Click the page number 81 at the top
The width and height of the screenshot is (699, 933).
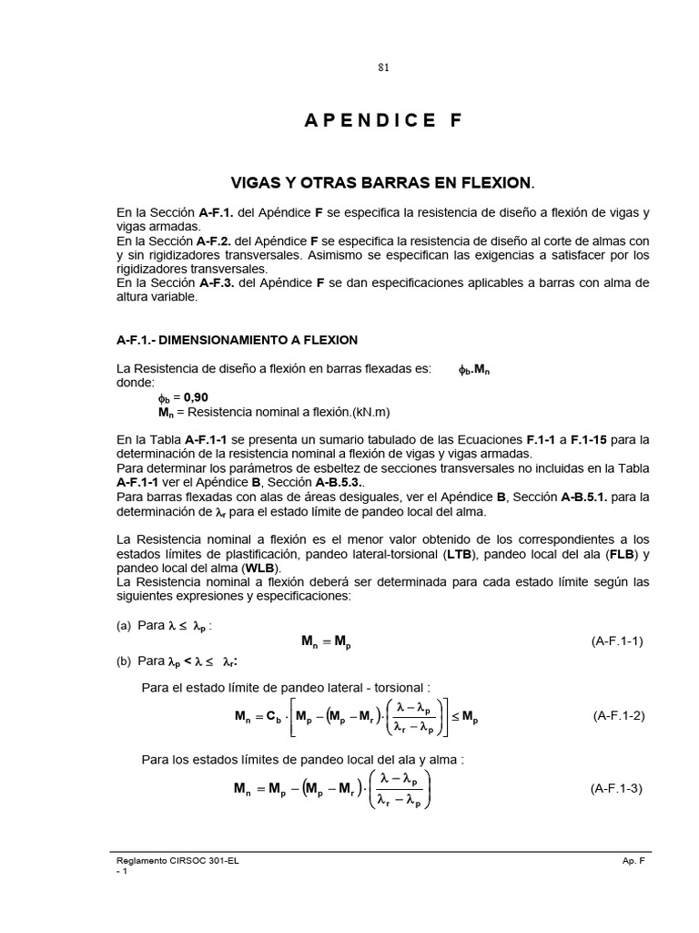click(x=383, y=68)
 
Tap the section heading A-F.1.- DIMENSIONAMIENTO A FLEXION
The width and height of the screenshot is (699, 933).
click(x=237, y=340)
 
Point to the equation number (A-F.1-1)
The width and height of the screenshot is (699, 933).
click(x=617, y=641)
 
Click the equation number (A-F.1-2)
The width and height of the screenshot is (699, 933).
click(x=618, y=715)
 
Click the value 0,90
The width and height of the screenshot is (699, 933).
click(x=196, y=397)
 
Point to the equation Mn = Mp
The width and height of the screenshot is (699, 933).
click(x=326, y=641)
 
